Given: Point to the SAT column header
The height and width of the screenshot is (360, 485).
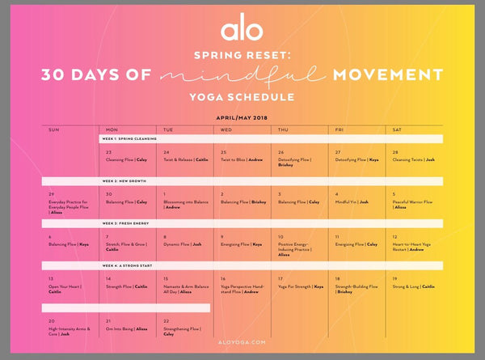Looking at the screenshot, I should click(399, 129).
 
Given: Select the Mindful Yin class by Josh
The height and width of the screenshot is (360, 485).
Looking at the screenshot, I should click(352, 201).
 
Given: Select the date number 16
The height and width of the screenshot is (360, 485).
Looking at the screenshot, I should click(224, 277).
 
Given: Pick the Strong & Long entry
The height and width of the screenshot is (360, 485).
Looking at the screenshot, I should click(413, 286).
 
